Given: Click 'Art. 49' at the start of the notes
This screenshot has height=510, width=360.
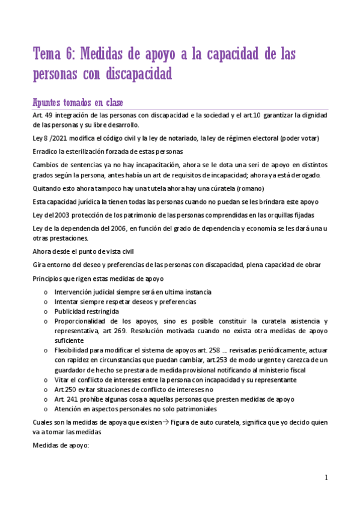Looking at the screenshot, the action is (x=43, y=115).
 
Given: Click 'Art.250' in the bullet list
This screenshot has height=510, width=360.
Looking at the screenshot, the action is (x=65, y=389).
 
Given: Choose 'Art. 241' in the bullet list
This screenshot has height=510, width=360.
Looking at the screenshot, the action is (x=66, y=399).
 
